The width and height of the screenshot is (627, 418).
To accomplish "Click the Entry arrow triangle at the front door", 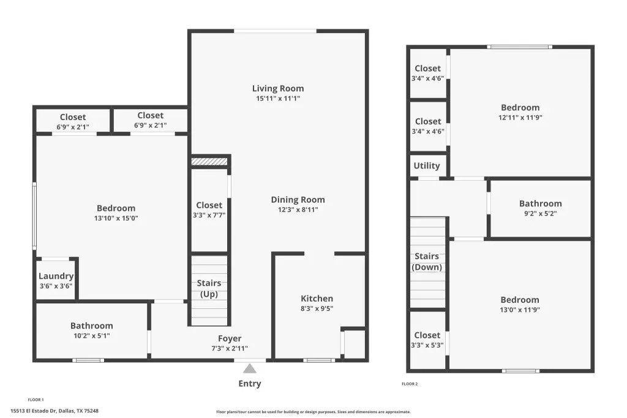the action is click(x=250, y=368).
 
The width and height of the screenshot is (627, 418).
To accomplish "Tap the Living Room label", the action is click(x=278, y=88).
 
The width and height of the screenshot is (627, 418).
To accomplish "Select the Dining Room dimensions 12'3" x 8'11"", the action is click(x=298, y=210).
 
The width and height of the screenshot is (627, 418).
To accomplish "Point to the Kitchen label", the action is click(x=317, y=298).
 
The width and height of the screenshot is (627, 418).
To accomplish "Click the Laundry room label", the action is click(x=56, y=276).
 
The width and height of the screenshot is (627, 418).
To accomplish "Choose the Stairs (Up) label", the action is click(x=209, y=288).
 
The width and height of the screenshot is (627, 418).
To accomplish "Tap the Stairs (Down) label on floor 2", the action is click(x=427, y=262).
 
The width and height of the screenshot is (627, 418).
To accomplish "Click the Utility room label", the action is click(x=427, y=165).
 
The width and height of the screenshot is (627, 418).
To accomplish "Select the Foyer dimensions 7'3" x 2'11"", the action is click(x=230, y=348).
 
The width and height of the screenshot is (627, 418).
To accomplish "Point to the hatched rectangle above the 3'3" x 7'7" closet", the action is click(x=209, y=161).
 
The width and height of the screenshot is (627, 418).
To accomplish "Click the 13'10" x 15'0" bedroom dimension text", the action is click(x=116, y=218).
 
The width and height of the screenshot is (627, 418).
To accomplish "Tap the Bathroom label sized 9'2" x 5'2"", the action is click(x=540, y=203).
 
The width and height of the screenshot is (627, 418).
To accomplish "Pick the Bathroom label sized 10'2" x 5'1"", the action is click(x=92, y=326).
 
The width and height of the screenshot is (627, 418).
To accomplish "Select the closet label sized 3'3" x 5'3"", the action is click(x=427, y=335).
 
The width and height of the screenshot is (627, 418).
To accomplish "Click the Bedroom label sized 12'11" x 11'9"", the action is click(x=520, y=107).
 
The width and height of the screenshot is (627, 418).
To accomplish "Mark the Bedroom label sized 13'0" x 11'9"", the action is click(x=520, y=300).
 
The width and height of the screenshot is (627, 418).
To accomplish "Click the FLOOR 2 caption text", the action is click(x=410, y=384).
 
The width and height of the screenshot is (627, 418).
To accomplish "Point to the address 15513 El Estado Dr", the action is click(x=34, y=411).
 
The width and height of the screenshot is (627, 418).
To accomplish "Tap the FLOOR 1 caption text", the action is click(x=36, y=400).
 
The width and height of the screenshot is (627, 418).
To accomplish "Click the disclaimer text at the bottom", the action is click(x=313, y=412).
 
